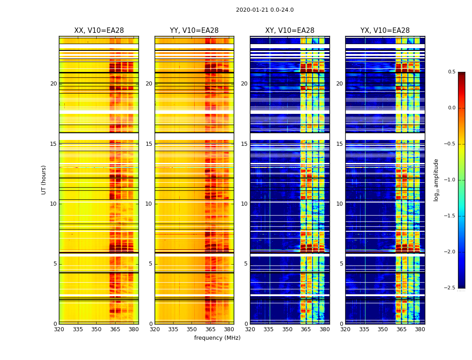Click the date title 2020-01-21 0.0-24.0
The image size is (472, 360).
(265, 10)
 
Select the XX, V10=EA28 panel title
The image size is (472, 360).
(99, 31)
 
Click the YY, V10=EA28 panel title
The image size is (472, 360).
(194, 31)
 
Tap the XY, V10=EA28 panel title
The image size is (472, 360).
(289, 31)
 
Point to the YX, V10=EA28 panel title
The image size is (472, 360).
(385, 31)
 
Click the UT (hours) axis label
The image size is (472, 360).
(44, 180)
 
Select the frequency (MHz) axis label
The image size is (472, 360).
(217, 338)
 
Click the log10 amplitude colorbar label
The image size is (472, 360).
(436, 180)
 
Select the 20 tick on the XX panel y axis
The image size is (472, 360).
(54, 84)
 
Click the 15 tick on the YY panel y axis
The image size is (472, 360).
(149, 144)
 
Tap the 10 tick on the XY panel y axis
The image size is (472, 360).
(245, 204)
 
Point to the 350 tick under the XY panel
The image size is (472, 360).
(287, 329)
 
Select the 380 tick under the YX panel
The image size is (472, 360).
(420, 329)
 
